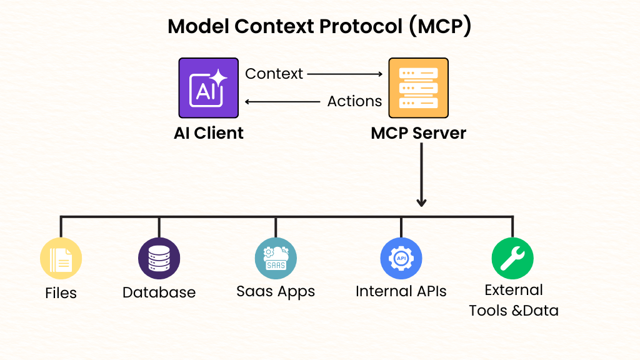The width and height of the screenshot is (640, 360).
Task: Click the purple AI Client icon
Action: pos(208,88)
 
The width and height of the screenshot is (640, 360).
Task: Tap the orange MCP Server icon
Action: pos(418,88)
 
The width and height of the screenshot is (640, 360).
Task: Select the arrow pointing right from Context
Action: pos(344,74)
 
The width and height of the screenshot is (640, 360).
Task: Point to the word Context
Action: pos(274,74)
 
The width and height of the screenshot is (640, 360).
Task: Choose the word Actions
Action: pos(354,101)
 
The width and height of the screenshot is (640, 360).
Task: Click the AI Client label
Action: pos(208,133)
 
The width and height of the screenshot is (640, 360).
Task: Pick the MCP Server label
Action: pos(418,133)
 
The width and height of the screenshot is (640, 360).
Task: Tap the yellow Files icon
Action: pos(61,258)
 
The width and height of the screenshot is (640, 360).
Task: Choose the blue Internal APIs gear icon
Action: pos(401,258)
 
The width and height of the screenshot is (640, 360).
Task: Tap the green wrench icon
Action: pos(512,258)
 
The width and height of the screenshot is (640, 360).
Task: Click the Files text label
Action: pos(61,292)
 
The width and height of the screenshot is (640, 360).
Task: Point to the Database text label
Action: pos(159,292)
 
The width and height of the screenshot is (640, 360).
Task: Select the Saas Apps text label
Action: pos(276,291)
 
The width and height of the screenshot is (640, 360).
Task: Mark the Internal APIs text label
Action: pos(401,291)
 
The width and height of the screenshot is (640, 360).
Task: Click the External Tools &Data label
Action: pos(514,300)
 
